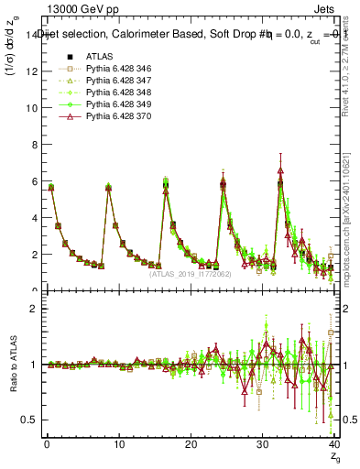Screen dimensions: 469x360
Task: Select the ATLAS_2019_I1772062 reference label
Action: [191, 273]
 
